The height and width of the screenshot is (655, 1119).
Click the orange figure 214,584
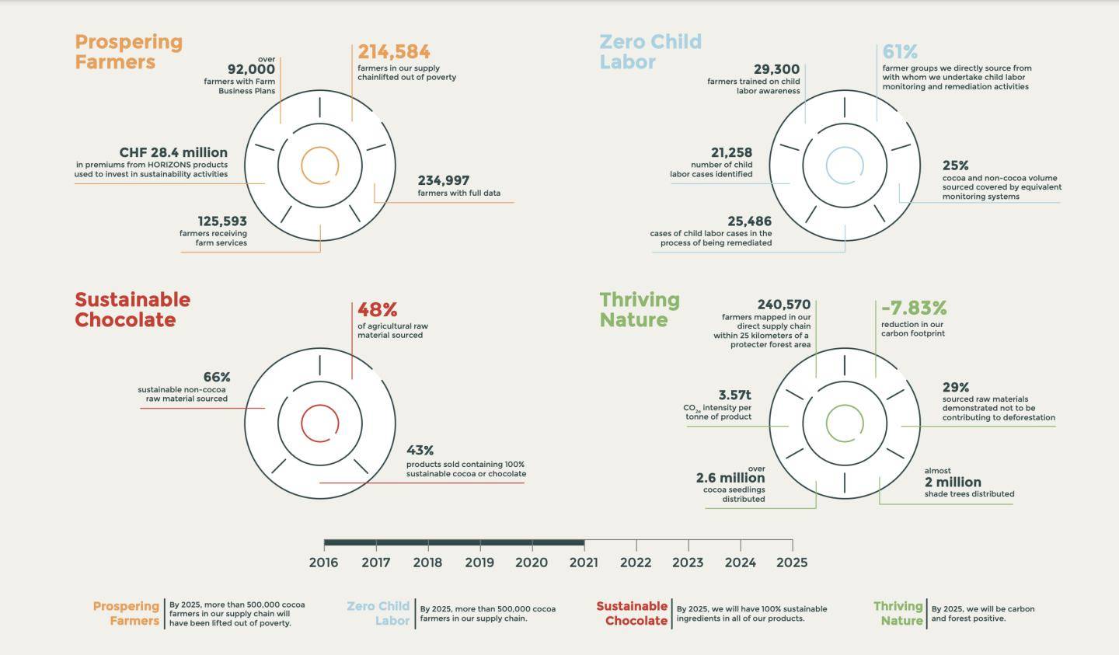[x=393, y=52]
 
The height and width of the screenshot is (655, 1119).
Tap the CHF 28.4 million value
[x=173, y=152]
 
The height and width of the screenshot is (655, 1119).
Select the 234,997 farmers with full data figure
[x=444, y=180]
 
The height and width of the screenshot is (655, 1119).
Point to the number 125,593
[x=222, y=221]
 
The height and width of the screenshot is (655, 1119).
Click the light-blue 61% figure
[x=900, y=52]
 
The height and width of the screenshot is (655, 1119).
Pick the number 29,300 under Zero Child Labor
[x=776, y=70]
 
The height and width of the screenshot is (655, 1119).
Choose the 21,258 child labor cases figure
[x=731, y=153]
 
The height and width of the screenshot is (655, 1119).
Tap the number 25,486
[x=750, y=221]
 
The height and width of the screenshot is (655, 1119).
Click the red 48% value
[x=377, y=310]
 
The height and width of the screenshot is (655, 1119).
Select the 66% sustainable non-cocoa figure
[x=217, y=378]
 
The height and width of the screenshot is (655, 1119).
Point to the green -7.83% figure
[x=914, y=308]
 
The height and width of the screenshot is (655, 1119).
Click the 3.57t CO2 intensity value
[x=734, y=395]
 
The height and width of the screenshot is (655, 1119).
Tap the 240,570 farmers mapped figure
[x=784, y=305]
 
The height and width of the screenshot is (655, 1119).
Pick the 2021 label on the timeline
[x=584, y=563]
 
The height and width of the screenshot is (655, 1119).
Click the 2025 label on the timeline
[x=792, y=563]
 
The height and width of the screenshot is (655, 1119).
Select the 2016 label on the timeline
[x=323, y=563]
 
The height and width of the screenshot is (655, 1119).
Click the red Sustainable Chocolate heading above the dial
[x=132, y=310]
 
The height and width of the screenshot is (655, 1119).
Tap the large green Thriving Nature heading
[x=639, y=310]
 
